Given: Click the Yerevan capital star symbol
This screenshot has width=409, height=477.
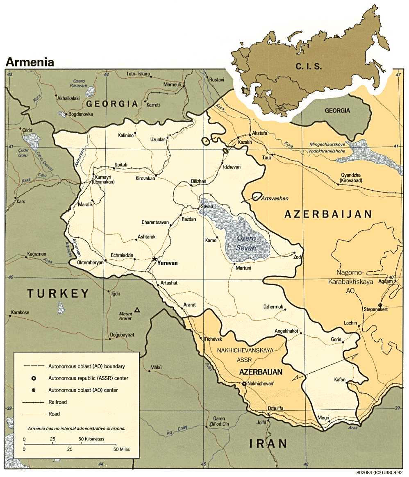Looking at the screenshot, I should click(154, 259).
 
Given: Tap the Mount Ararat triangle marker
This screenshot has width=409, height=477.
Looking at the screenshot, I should click(138, 311).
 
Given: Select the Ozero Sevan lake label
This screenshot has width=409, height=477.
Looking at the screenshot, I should click(246, 243).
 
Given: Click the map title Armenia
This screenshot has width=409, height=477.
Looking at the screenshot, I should click(30, 62).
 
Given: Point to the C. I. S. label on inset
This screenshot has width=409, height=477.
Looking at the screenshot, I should click(309, 66).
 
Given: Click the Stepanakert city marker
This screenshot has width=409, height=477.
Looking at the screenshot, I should click(380, 305).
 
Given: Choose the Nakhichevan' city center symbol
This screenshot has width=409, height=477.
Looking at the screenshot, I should click(244, 384).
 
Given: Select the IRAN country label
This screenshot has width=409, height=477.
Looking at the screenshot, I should click(268, 443).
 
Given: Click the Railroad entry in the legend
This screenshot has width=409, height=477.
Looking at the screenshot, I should click(57, 402).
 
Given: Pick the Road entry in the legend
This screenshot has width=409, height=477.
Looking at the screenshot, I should click(54, 414).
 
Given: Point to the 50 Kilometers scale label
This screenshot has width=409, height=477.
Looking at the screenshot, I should click(91, 439).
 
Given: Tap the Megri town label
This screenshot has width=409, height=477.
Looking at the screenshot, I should click(323, 418).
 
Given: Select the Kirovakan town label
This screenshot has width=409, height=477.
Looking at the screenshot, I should click(145, 179).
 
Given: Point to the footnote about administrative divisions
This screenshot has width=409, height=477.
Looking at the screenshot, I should click(76, 428).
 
